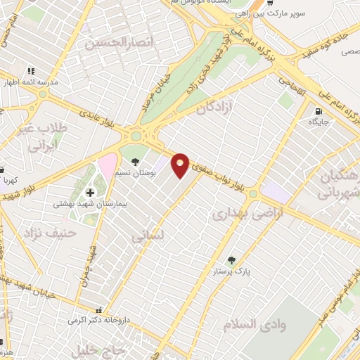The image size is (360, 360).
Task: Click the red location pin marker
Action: [x=181, y=165]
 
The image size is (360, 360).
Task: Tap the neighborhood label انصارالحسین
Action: [x=117, y=43]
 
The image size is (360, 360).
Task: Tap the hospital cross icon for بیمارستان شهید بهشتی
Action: [x=90, y=193]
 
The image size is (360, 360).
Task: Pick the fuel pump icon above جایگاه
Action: [x=319, y=111]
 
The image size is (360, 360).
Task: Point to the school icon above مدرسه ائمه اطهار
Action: [x=31, y=71]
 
